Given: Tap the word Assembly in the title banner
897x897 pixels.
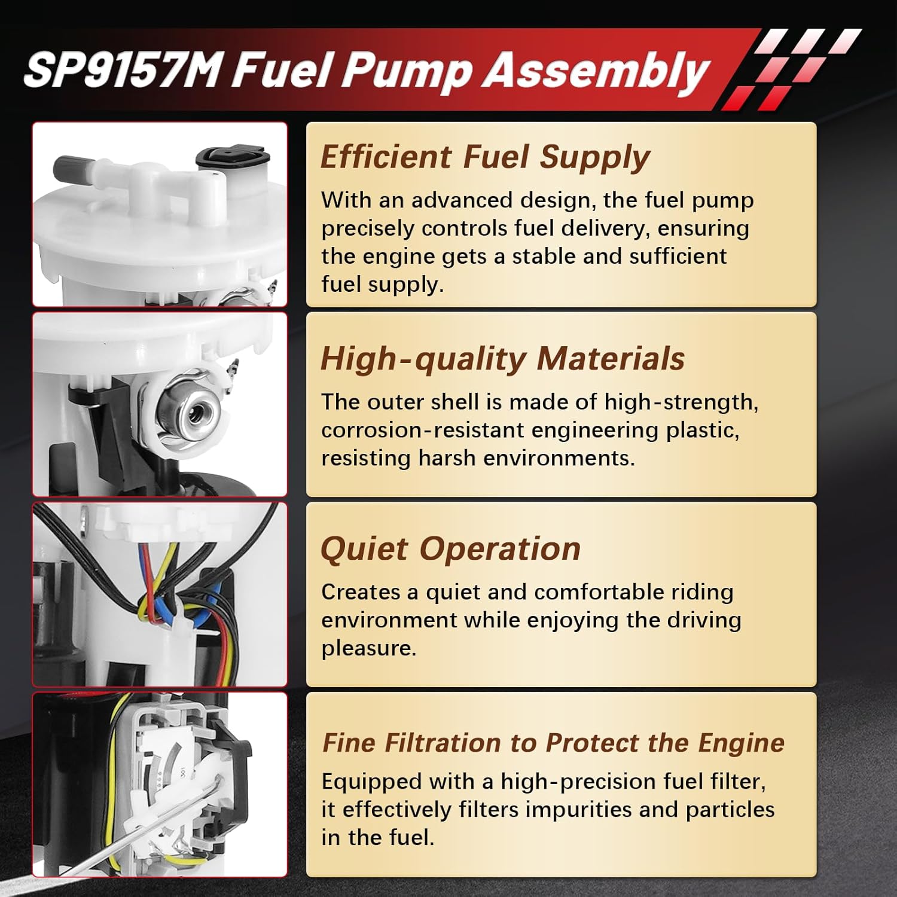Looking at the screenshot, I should click(596, 71).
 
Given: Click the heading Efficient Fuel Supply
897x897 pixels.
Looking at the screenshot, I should click(485, 157).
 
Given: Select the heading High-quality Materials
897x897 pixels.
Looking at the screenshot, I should click(502, 359).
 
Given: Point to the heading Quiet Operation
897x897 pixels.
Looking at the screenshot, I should click(450, 549).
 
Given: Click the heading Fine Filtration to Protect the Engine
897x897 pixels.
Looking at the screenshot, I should click(553, 743).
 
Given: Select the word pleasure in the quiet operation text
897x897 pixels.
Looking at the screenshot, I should click(368, 648).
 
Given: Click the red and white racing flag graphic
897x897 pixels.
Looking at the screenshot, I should click(789, 69).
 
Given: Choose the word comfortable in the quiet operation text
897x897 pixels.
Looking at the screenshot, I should click(598, 592).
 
